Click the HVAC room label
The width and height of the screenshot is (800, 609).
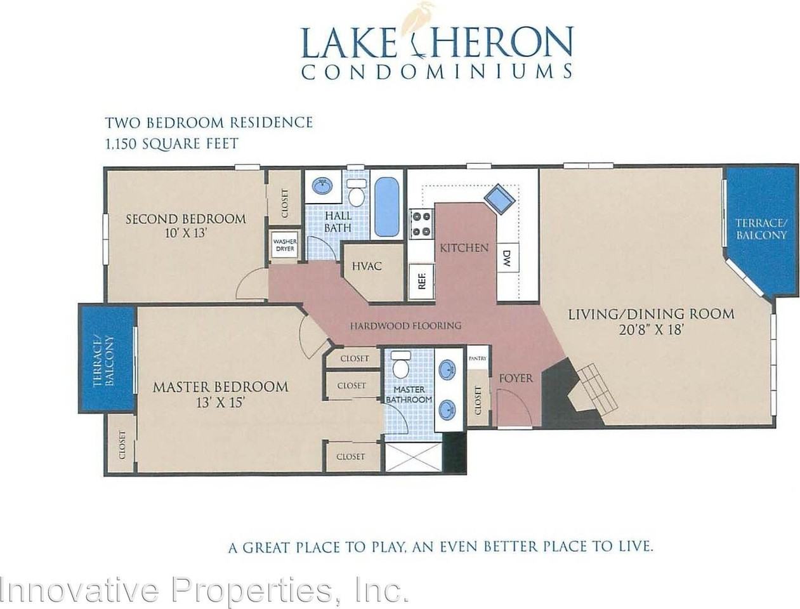(x=366, y=266)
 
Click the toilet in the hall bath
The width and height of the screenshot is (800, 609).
(x=357, y=193)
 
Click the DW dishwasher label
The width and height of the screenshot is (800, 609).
(x=506, y=258)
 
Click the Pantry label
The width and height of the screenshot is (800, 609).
(x=477, y=358)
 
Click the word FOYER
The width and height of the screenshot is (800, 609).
(x=516, y=378)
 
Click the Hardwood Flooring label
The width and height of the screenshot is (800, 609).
(x=405, y=325)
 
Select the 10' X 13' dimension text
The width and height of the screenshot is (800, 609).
(x=185, y=233)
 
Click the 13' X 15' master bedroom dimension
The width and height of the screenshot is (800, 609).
(x=220, y=402)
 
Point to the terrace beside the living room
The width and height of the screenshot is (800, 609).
(x=761, y=230)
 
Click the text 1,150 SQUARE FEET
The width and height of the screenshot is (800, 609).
(x=171, y=143)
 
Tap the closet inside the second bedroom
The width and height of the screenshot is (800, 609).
(x=284, y=204)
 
